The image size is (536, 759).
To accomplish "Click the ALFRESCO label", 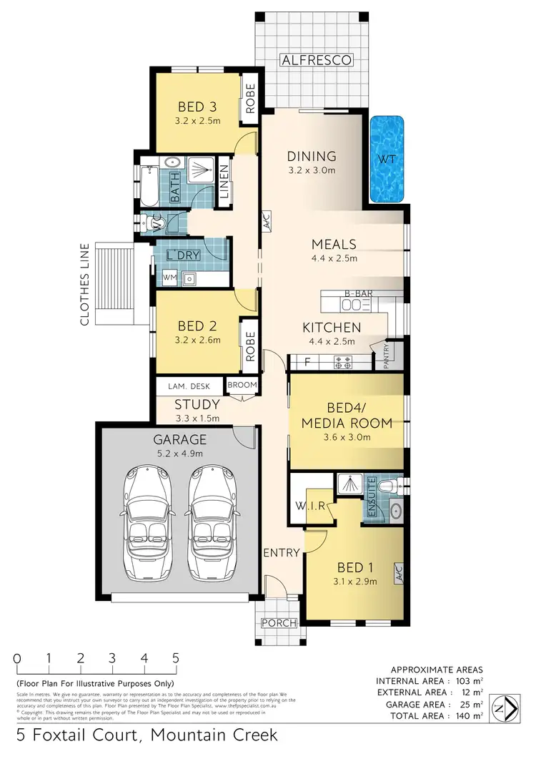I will point(316,60).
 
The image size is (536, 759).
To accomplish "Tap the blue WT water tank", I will point(387,157).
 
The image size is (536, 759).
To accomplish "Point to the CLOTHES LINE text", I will point(84,285).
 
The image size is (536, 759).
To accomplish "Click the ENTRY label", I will point(281,552).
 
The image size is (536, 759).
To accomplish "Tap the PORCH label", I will point(278,623).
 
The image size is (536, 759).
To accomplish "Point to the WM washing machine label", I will point(169,276).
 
